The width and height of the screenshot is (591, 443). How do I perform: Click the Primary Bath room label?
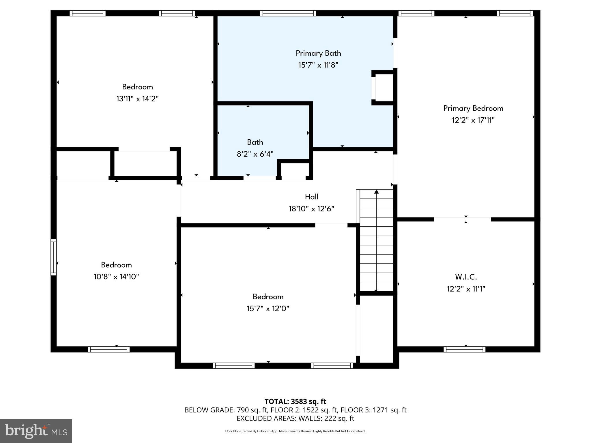pos(318,53)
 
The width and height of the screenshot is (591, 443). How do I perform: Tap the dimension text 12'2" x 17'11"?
pos(473,120)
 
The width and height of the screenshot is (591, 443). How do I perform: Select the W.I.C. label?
pos(466,277)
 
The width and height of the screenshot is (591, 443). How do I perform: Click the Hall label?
pos(311,197)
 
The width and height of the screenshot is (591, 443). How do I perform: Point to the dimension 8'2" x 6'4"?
pos(255,154)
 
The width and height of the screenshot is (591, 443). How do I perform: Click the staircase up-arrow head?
pos(376,192)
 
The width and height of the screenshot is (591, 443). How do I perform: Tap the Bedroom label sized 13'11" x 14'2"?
pos(137,87)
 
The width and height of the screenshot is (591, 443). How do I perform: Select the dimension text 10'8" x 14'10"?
pos(116,277)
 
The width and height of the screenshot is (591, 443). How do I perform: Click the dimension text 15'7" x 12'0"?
pos(268,309)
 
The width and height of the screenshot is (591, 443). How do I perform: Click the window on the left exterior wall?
pos(53,257)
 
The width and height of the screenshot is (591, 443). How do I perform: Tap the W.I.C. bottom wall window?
pos(464,349)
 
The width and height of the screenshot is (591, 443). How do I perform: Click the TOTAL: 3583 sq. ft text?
pos(295,401)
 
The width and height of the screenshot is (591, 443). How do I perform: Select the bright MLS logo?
pos(36,431)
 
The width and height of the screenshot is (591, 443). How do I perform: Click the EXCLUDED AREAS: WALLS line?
pos(295,418)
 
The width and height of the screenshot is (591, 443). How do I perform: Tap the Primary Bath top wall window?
pos(288,13)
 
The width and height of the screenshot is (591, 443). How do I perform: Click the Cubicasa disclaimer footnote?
pos(295,431)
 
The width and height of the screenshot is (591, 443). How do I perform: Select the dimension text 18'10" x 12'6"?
pos(311,209)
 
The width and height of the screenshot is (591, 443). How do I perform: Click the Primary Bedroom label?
pos(473,108)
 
